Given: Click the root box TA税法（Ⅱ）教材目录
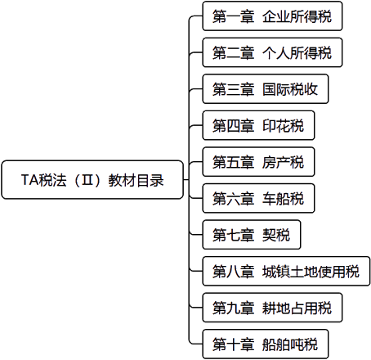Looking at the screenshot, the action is pyautogui.click(x=92, y=180).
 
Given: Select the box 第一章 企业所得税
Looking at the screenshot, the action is pyautogui.click(x=272, y=16).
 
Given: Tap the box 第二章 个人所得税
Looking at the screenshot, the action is pyautogui.click(x=272, y=52).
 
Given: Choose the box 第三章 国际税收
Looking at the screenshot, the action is pyautogui.click(x=266, y=89).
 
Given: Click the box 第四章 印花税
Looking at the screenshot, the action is pyautogui.click(x=258, y=125).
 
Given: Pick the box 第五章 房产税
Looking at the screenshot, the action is pyautogui.click(x=258, y=162).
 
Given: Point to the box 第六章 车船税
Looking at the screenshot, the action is pyautogui.click(x=258, y=198).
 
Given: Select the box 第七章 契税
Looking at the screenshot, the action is pyautogui.click(x=252, y=235).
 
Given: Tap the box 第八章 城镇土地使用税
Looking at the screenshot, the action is pyautogui.click(x=286, y=272).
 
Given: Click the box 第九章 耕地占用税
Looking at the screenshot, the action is pyautogui.click(x=272, y=308).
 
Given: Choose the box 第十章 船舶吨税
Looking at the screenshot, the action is pyautogui.click(x=266, y=344).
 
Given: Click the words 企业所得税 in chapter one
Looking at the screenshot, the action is pyautogui.click(x=297, y=16).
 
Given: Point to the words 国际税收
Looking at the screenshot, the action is pyautogui.click(x=290, y=89).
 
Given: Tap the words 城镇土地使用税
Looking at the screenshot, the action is pyautogui.click(x=311, y=272).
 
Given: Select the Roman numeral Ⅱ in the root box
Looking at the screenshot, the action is pyautogui.click(x=87, y=180).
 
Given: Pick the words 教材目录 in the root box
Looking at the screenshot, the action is pyautogui.click(x=136, y=180).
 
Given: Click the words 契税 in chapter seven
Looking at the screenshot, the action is pyautogui.click(x=276, y=235).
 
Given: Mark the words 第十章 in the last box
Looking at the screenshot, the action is pyautogui.click(x=234, y=344).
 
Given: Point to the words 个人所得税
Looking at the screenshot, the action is pyautogui.click(x=297, y=52).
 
